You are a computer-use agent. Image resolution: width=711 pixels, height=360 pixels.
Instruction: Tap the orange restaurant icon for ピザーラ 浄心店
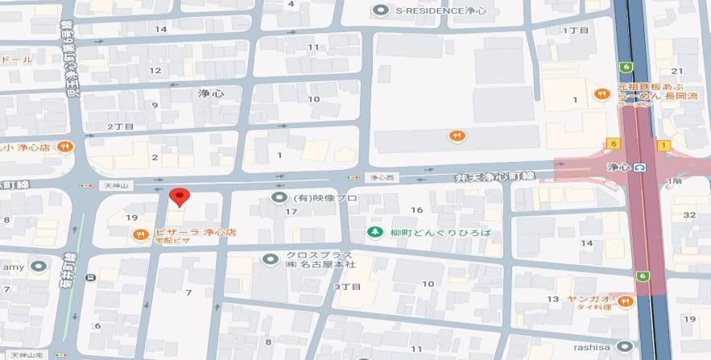pyautogui.click(x=139, y=234)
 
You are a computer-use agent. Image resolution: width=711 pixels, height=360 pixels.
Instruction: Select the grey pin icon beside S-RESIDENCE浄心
pyautogui.click(x=382, y=10)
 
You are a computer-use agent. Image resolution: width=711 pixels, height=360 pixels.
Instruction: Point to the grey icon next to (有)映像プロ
pyautogui.click(x=279, y=197)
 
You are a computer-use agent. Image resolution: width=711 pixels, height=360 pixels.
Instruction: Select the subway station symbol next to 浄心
pyautogui.click(x=639, y=168)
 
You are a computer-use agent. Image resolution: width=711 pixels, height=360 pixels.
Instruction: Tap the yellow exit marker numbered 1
pyautogui.click(x=663, y=145)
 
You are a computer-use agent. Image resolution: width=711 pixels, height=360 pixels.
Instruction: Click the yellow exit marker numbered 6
pyautogui.click(x=614, y=143)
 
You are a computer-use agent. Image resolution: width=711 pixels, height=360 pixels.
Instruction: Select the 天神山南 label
pyautogui.click(x=27, y=354)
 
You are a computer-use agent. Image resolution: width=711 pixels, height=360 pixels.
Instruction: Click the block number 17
pyautogui.click(x=292, y=212)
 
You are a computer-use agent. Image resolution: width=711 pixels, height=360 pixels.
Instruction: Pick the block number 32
pyautogui.click(x=688, y=214)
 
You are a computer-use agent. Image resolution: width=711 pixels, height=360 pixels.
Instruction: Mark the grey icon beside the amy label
pyautogui.click(x=36, y=267)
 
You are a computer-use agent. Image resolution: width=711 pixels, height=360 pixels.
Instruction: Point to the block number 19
pyautogui.click(x=132, y=217)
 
